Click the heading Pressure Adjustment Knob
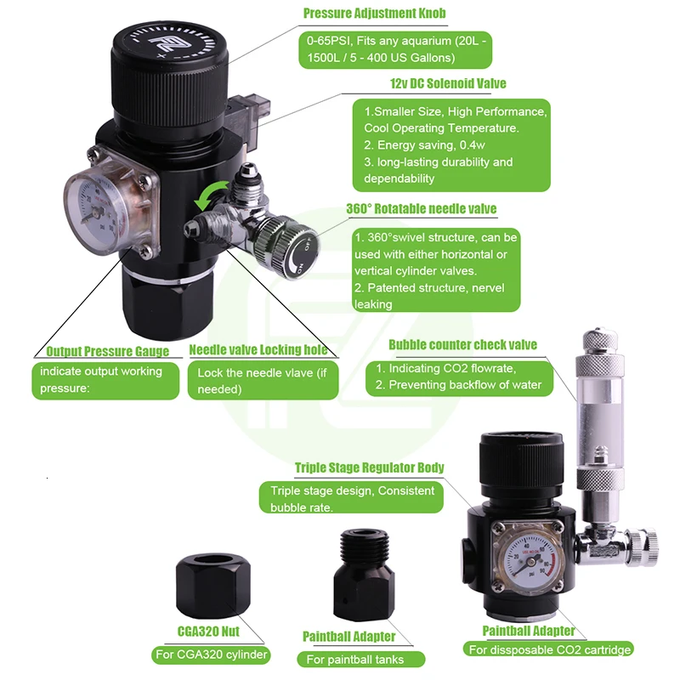374,14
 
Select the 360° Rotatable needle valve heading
422,209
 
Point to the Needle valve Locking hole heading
258,350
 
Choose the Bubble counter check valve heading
462,344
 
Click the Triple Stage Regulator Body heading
369,467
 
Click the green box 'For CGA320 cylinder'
211,654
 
